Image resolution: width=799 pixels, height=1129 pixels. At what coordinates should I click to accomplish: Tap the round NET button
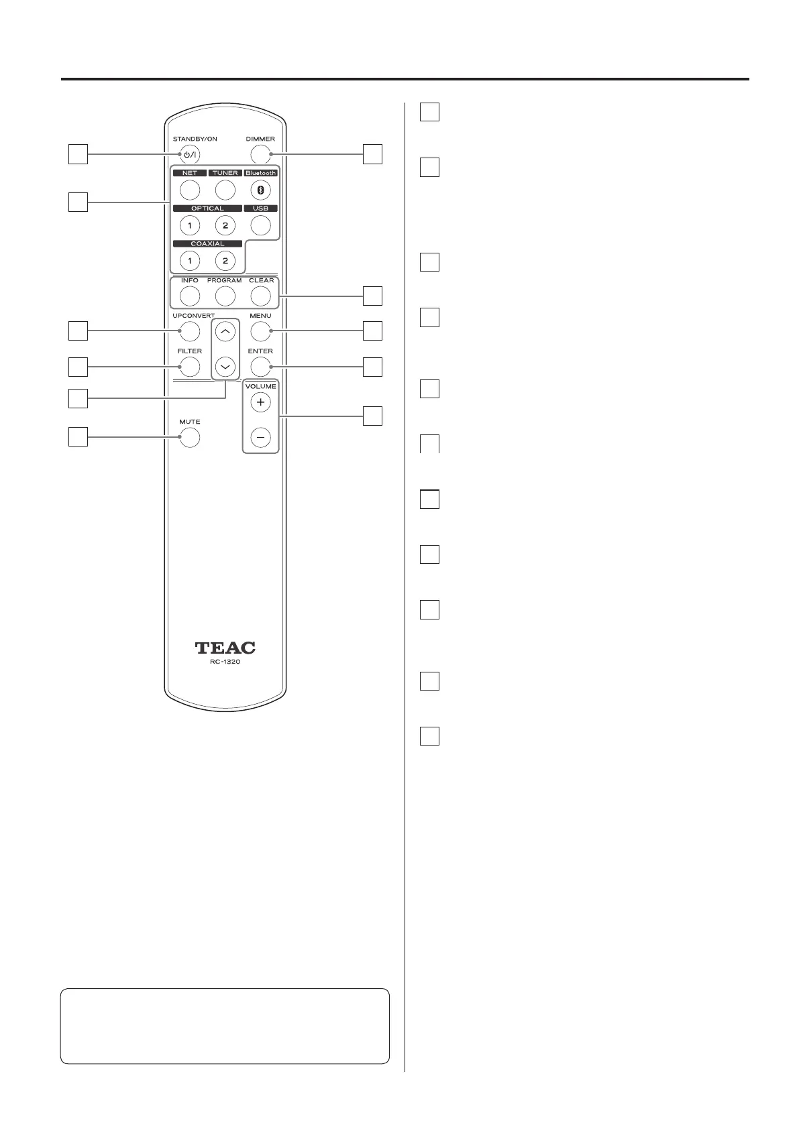tap(190, 190)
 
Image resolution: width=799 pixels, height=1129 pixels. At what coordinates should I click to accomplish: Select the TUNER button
tap(225, 190)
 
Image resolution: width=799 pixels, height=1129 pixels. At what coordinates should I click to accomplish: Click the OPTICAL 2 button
tap(225, 225)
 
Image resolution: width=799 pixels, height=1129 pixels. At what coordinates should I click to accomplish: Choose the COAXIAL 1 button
tap(190, 260)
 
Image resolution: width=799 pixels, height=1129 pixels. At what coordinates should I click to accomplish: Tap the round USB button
tap(260, 225)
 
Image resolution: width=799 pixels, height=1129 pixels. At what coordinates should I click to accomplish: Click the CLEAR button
tap(260, 296)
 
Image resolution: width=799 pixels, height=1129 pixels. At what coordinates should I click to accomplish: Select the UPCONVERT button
tap(190, 331)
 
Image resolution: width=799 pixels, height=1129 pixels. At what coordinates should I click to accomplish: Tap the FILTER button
tap(190, 367)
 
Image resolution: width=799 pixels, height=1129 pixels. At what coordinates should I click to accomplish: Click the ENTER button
tap(260, 367)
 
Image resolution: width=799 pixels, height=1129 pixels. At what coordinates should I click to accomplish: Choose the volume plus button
tap(260, 403)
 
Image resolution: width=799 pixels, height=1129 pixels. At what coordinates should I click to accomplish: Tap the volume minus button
tap(260, 438)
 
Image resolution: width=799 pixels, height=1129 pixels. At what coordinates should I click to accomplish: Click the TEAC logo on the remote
tap(225, 648)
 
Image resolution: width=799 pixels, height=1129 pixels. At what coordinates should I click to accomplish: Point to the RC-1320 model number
tap(225, 662)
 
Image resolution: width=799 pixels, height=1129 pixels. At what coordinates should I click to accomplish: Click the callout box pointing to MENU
tap(372, 331)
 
